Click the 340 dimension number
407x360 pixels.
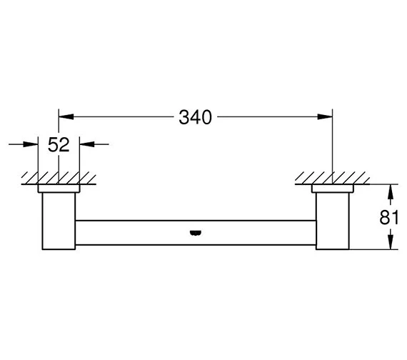point(195,117)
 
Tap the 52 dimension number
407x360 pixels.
point(59,145)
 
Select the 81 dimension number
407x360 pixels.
point(388,217)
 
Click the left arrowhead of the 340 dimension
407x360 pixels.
point(66,116)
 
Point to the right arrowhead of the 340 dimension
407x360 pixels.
point(325,117)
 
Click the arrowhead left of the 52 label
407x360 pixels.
point(31,144)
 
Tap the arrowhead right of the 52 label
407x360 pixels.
point(87,144)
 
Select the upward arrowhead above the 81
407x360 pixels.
point(391,191)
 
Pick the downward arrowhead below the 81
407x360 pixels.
point(391,242)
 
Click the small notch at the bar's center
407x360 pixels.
point(196,233)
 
